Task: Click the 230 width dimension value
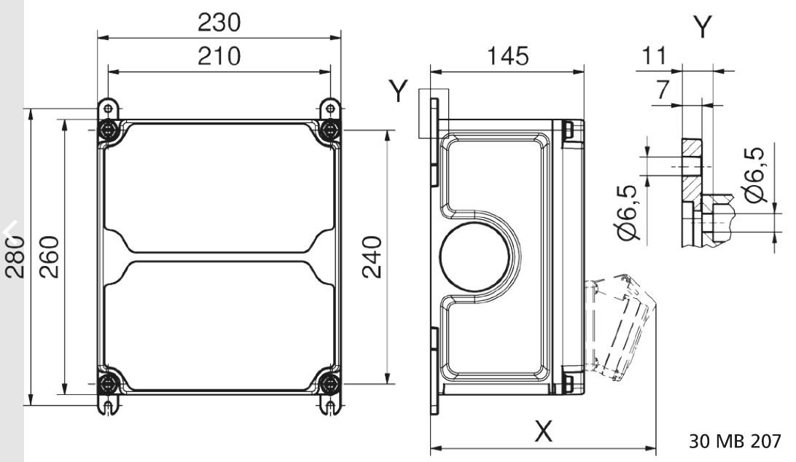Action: [x=219, y=23]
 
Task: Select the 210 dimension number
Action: [x=219, y=55]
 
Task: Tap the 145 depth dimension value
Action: [x=508, y=55]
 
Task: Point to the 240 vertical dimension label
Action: [x=372, y=257]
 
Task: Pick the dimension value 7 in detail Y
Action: [x=663, y=90]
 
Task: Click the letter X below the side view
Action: [x=543, y=431]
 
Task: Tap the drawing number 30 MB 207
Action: [x=734, y=441]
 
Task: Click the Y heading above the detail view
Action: [x=702, y=28]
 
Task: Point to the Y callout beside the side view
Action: [x=398, y=92]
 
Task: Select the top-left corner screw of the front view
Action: [x=109, y=131]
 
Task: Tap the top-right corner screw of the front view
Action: [x=330, y=131]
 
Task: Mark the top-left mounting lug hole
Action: [x=108, y=109]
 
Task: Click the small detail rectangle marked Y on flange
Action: [x=434, y=113]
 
